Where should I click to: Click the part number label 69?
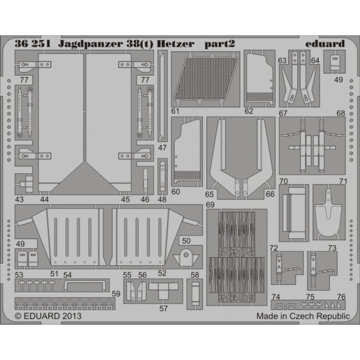click(x=210, y=205)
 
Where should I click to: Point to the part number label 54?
click(x=67, y=274)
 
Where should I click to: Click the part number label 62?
click(x=249, y=111)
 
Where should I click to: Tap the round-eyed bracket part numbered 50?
click(x=186, y=253)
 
